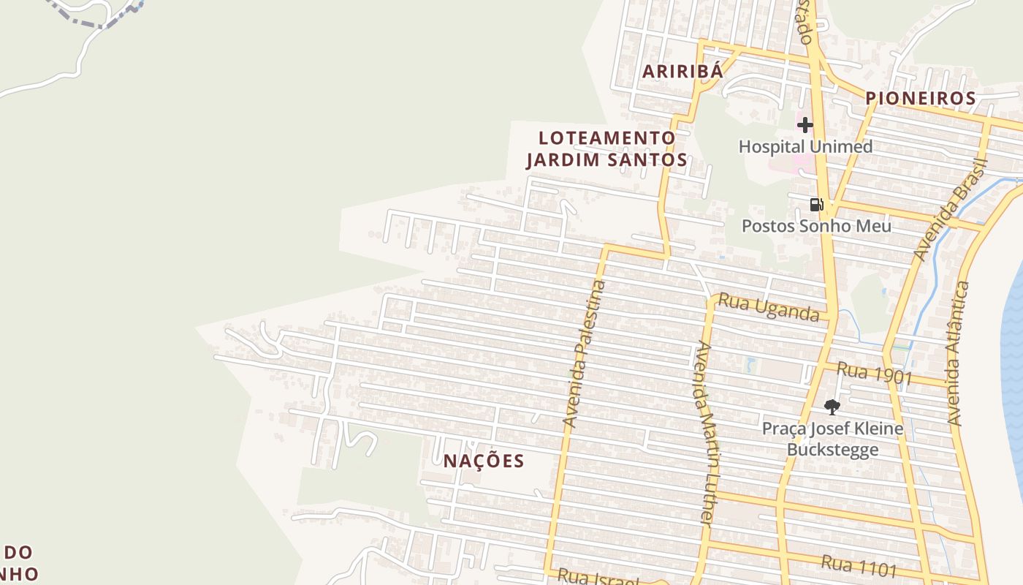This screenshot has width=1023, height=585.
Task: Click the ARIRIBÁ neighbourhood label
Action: point(682,71)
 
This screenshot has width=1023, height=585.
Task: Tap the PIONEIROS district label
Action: point(920,98)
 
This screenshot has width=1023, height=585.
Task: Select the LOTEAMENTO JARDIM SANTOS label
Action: point(606,148)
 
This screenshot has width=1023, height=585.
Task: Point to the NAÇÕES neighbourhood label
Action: point(484,461)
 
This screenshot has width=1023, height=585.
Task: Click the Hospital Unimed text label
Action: point(805,146)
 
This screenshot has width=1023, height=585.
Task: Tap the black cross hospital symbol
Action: point(805,125)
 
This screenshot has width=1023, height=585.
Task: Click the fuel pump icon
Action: point(816,205)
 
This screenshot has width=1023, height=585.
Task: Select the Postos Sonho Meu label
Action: point(816,226)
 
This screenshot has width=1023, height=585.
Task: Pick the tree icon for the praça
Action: point(832,407)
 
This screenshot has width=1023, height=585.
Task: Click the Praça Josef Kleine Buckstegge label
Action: point(832,438)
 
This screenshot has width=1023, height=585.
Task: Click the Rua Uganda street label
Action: point(768,307)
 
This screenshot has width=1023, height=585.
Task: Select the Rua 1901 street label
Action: point(874,373)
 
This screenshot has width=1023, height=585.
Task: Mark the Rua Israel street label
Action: point(598,578)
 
